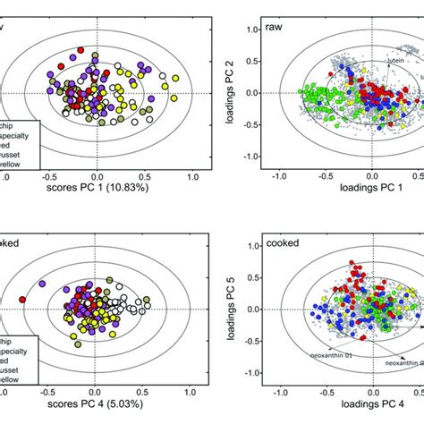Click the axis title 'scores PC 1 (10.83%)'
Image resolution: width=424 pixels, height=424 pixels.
click(x=98, y=191)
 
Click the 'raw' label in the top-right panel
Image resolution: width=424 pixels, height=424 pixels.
click(x=274, y=29)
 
